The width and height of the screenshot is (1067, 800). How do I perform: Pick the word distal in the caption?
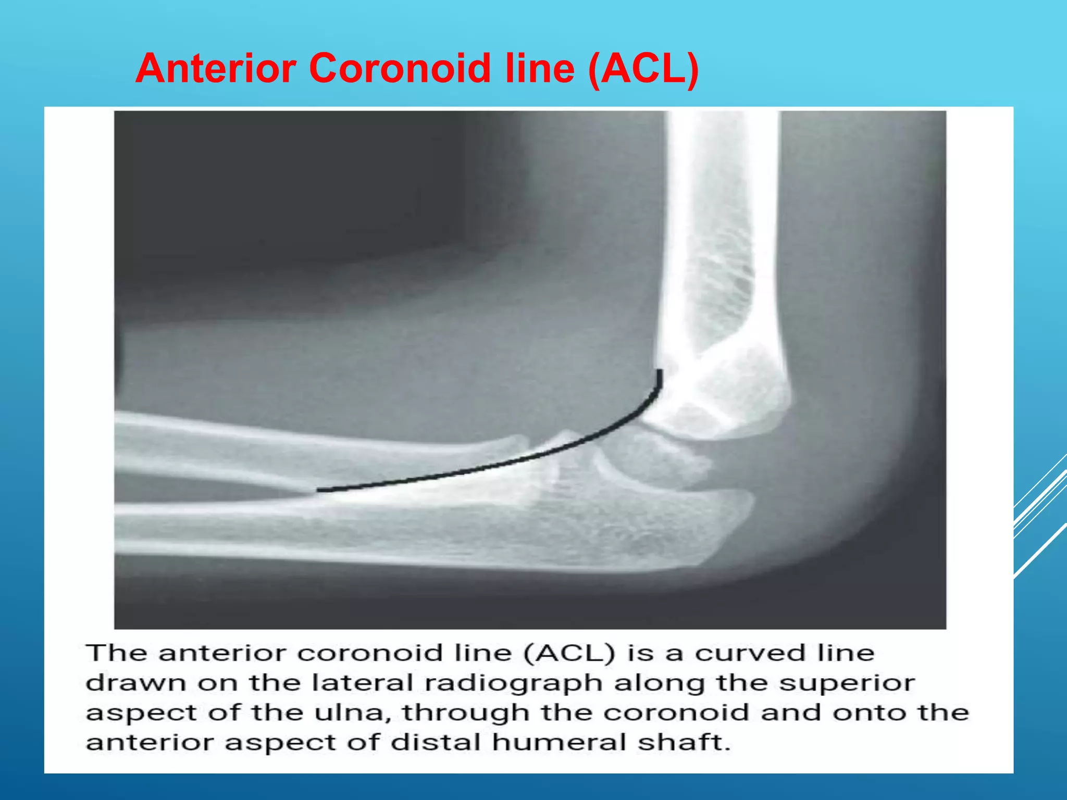point(436,742)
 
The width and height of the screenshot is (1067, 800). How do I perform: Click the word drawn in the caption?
point(136,683)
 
